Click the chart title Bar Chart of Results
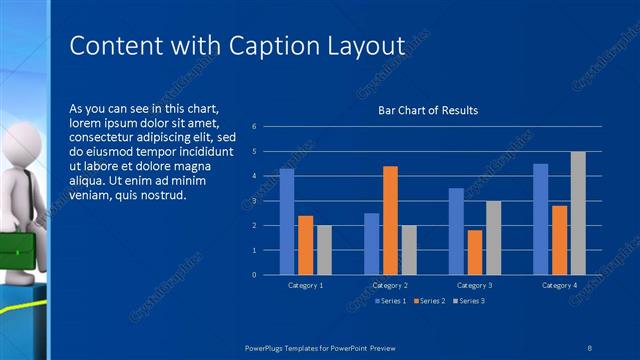427,110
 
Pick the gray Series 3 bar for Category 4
578,213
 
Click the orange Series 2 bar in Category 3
475,252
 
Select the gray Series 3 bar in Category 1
324,250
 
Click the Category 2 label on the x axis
390,285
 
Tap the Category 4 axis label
559,285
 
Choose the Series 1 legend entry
391,300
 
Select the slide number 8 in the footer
589,347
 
